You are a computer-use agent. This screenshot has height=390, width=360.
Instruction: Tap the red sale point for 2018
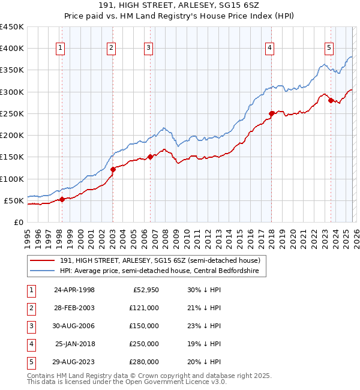click(271, 113)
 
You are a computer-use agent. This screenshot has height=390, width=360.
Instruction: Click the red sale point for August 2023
click(331, 100)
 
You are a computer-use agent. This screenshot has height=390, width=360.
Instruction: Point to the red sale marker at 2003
click(113, 169)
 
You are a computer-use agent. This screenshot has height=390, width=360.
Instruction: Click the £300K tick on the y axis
click(12, 92)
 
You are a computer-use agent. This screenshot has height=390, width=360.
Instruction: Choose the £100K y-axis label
click(12, 179)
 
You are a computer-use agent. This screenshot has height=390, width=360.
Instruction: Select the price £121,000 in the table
click(144, 308)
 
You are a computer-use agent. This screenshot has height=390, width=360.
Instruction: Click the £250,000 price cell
click(144, 344)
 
